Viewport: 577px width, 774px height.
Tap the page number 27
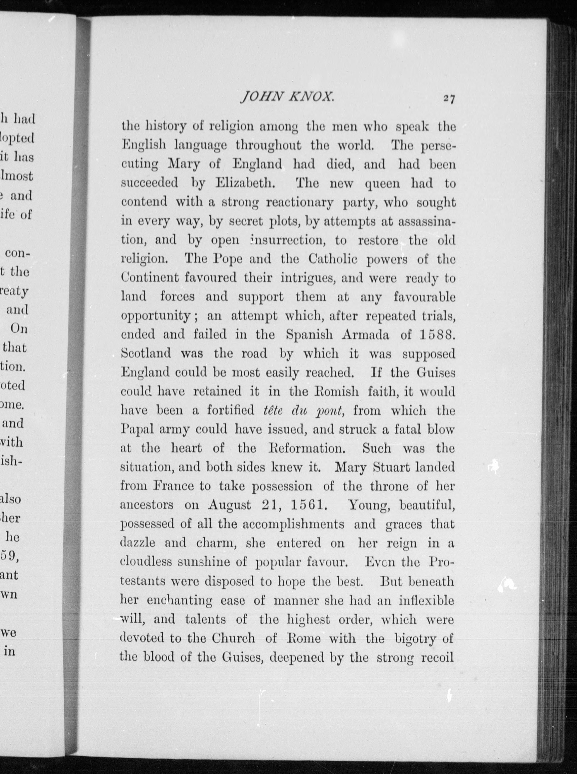[x=449, y=99]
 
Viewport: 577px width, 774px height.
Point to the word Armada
[x=365, y=335]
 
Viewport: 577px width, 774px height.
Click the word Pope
[x=227, y=259]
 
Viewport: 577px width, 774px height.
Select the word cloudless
[x=146, y=562]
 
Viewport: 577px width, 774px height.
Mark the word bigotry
[x=416, y=639]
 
